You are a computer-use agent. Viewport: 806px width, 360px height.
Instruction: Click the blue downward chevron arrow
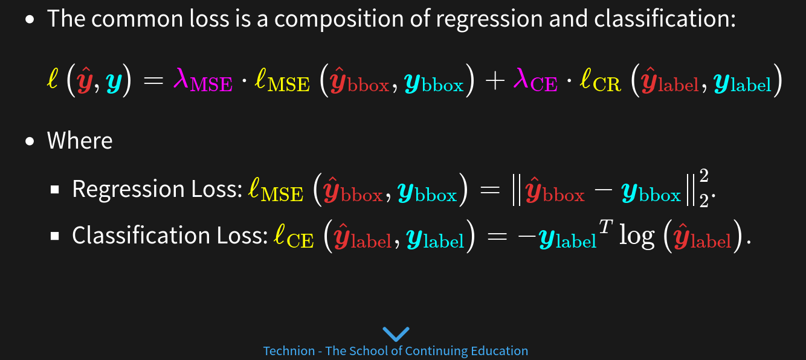[x=396, y=334]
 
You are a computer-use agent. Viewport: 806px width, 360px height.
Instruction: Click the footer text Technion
[x=289, y=351]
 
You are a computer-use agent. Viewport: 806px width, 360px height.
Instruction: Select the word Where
[x=80, y=140]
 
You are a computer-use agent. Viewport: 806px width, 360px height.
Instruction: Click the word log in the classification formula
[x=637, y=237]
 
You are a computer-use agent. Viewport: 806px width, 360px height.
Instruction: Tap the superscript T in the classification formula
[x=605, y=227]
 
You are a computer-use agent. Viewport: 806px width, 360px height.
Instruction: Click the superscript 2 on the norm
[x=704, y=176]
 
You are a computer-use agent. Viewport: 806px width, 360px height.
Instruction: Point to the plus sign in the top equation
[x=495, y=80]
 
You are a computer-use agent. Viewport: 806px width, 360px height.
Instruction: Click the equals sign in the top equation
[x=153, y=80]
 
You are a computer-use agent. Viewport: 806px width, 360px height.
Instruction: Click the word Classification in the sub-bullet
[x=141, y=235]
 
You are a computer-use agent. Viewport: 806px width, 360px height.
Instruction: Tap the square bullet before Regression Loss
[x=55, y=190]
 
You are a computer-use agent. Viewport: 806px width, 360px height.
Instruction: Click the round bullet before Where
[x=30, y=141]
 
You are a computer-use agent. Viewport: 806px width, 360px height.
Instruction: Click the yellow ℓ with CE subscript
[x=294, y=237]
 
